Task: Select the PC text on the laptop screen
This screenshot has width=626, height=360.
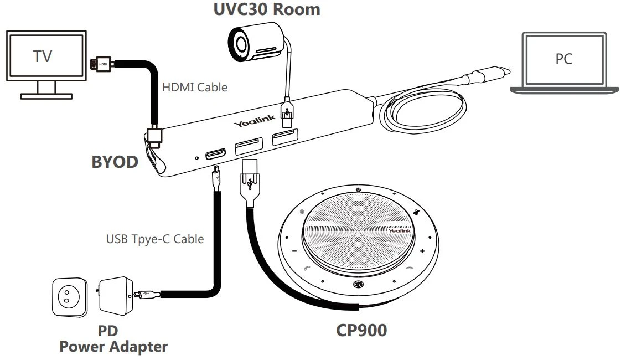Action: click(563, 59)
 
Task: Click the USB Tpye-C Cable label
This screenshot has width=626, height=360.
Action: click(154, 239)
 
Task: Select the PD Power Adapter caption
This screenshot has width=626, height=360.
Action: click(113, 339)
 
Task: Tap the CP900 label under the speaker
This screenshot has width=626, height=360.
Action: click(361, 330)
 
